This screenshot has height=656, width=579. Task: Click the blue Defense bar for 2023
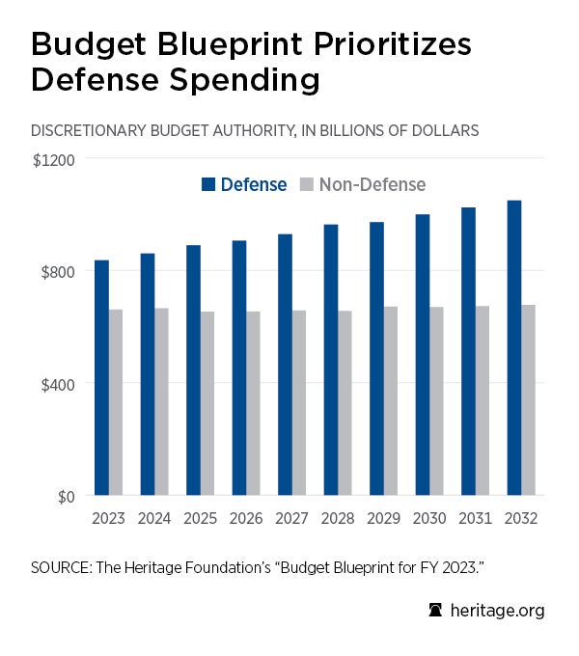[101, 378]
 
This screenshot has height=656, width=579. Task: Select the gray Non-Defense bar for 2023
[116, 402]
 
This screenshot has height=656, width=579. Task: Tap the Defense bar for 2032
[514, 348]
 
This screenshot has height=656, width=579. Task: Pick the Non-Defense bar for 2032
[529, 400]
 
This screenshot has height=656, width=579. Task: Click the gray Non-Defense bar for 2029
[391, 401]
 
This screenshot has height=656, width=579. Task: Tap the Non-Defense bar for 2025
[207, 403]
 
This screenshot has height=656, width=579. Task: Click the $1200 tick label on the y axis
[53, 158]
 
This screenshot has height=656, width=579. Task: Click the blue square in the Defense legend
[208, 184]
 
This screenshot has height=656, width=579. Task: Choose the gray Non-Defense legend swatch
[307, 184]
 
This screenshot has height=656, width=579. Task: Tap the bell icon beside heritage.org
[436, 610]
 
